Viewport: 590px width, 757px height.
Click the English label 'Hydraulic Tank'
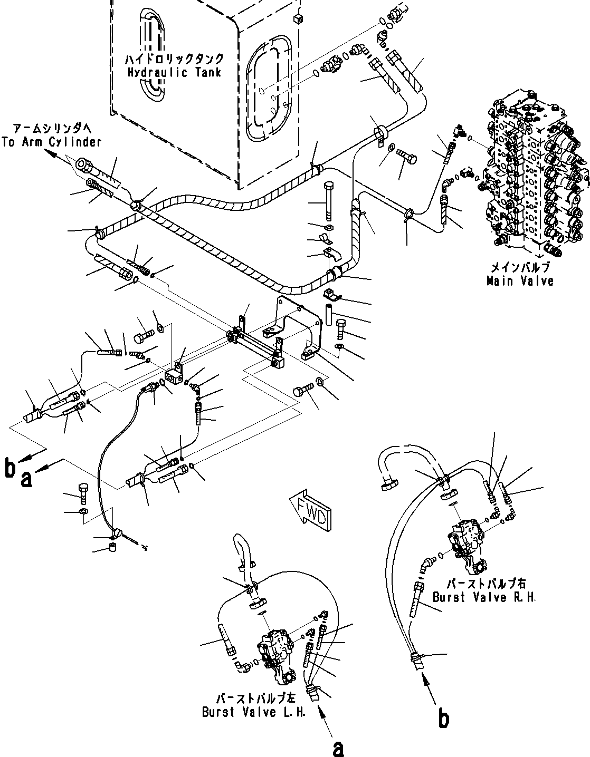175,72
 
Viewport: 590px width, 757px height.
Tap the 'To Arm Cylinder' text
51,142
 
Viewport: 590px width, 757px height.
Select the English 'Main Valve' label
520,281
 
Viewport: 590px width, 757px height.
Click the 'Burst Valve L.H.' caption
246,712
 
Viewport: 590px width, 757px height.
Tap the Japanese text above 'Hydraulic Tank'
175,59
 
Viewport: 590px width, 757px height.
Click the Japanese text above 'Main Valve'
520,267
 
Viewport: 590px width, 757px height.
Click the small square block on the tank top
297,20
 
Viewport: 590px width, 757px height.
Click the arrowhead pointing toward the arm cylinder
51,153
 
